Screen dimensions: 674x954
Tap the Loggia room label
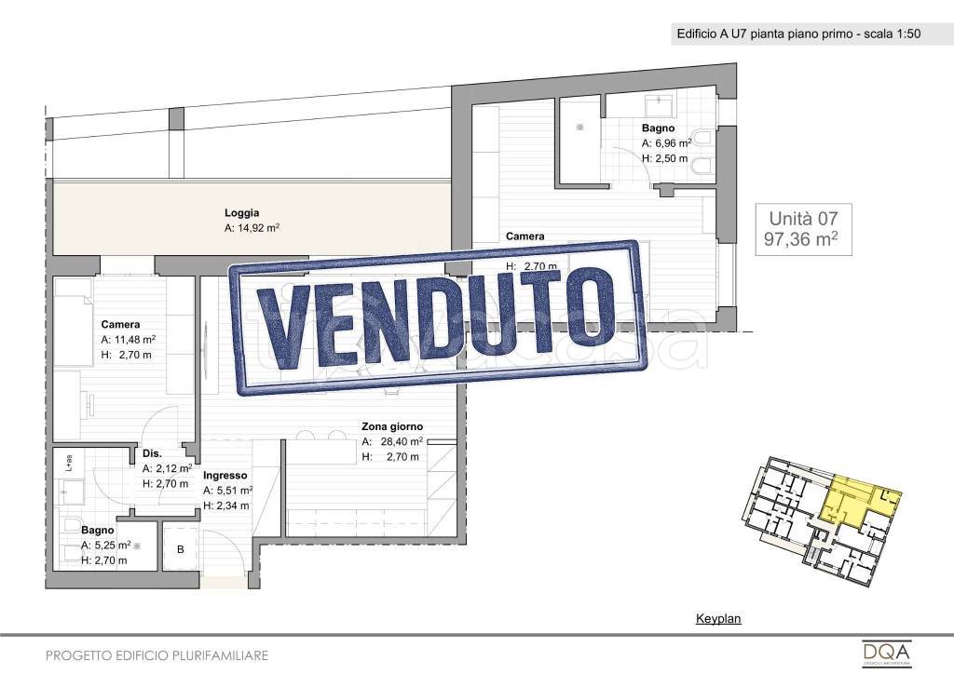241,212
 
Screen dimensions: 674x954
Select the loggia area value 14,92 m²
252,227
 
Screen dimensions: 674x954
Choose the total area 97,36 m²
800,240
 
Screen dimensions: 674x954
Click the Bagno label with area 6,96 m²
658,128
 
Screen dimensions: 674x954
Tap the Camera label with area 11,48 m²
120,325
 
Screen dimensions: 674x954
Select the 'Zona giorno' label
391,427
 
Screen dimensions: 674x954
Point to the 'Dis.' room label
151,454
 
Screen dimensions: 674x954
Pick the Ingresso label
225,475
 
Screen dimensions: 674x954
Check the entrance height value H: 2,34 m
227,505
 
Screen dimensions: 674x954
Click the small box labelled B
181,549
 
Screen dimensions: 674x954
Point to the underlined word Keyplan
718,618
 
